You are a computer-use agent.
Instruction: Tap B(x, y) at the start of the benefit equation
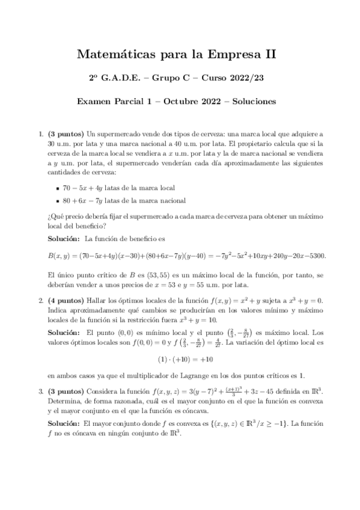click(x=59, y=256)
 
